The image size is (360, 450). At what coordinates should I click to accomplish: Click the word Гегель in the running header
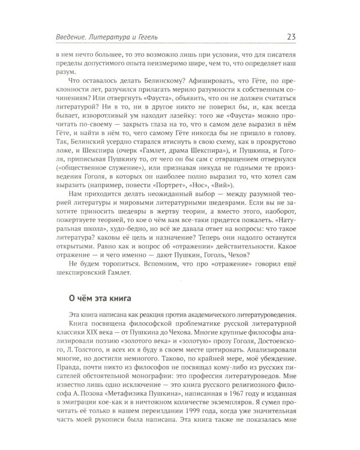click(x=142, y=39)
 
